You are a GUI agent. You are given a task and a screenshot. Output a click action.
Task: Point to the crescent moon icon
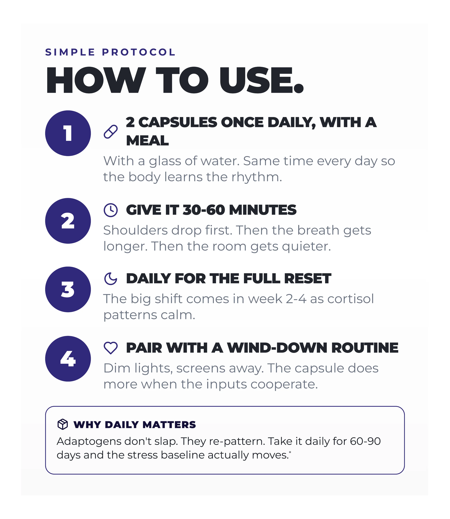[111, 279]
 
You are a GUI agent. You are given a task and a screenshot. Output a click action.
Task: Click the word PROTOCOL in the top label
[139, 52]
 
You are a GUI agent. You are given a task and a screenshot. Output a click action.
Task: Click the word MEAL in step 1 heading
[147, 140]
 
